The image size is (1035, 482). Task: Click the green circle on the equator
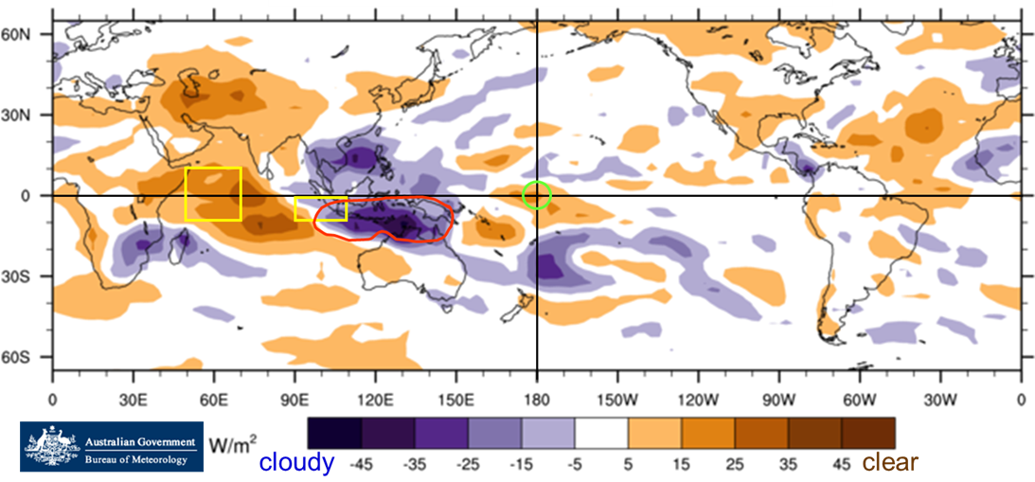click(x=536, y=195)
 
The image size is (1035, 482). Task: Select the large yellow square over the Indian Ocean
click(x=213, y=194)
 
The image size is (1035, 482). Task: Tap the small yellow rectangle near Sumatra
click(x=320, y=209)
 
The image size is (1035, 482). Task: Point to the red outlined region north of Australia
click(x=384, y=220)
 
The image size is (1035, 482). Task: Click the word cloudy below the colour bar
click(x=296, y=462)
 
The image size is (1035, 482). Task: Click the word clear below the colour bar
click(x=889, y=462)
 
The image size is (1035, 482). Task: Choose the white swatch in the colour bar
click(x=601, y=434)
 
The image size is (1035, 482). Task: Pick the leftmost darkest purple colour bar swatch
click(x=334, y=434)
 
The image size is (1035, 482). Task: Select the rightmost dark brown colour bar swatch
click(x=867, y=434)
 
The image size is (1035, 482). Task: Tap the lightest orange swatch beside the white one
click(x=654, y=434)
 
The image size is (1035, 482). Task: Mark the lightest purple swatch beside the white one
click(x=548, y=434)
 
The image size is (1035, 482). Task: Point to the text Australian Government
click(x=140, y=441)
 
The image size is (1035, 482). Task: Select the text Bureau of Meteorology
click(x=140, y=459)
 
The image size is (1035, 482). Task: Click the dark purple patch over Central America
click(x=806, y=170)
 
